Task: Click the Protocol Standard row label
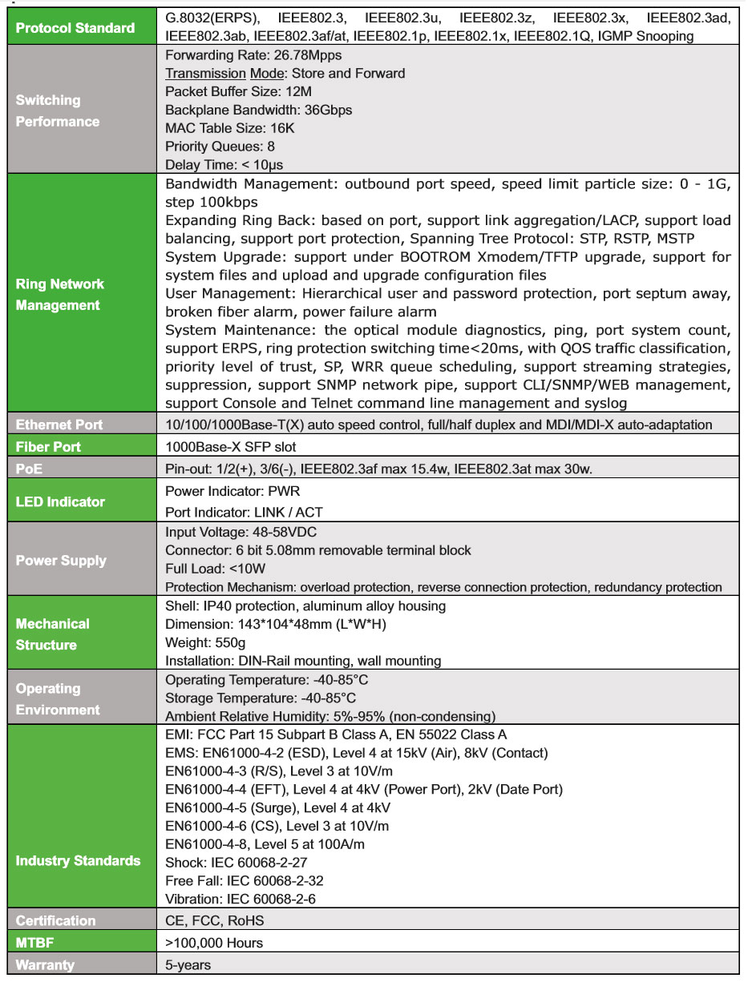(x=75, y=28)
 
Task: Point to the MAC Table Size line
(x=230, y=128)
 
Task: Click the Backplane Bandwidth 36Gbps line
(x=258, y=110)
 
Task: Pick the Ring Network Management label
(x=60, y=295)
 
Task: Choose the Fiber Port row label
(x=48, y=446)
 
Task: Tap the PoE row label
(x=29, y=468)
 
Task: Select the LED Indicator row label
(x=60, y=501)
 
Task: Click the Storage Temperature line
(x=261, y=698)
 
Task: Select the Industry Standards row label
(x=78, y=861)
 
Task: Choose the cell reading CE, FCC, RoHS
(x=214, y=920)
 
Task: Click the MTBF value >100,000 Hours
(x=214, y=943)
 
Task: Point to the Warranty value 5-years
(x=188, y=964)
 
